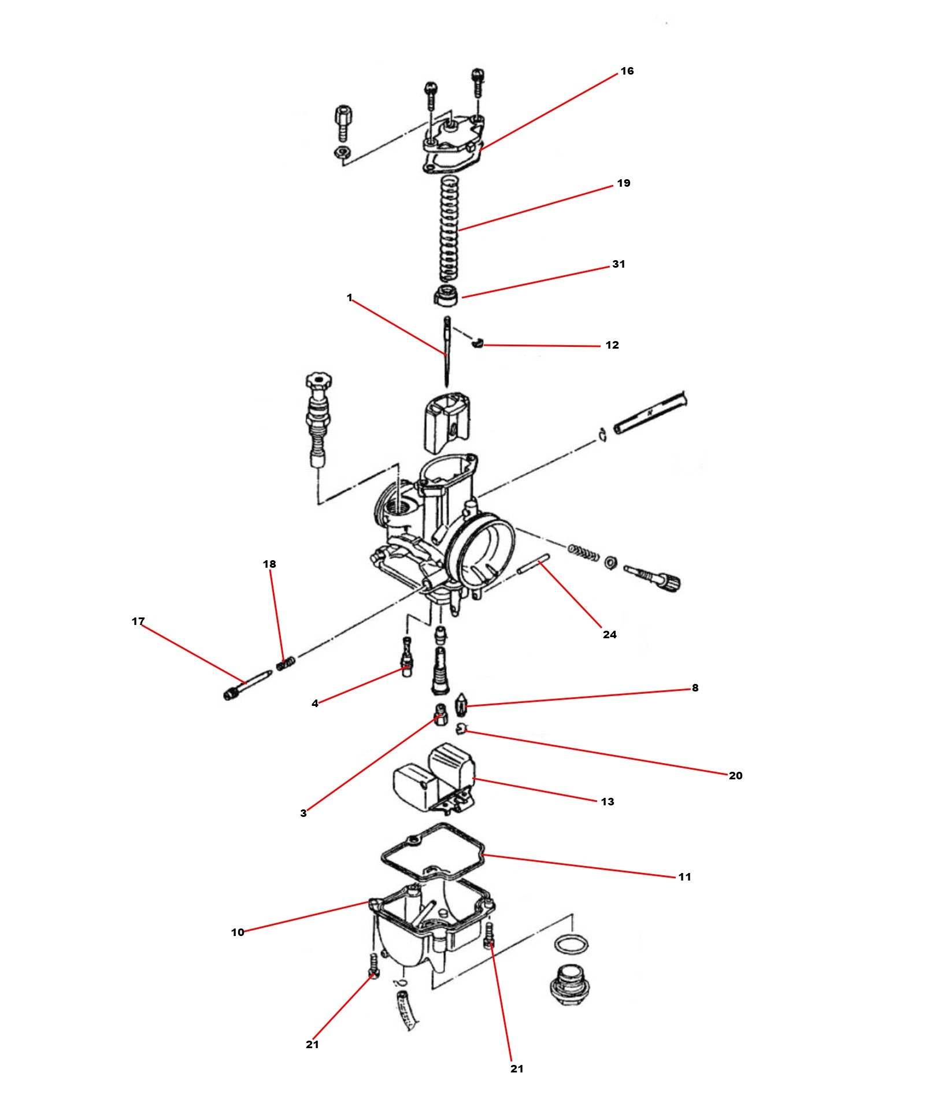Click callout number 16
pyautogui.click(x=627, y=71)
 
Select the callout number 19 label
pyautogui.click(x=624, y=183)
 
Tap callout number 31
pyautogui.click(x=619, y=264)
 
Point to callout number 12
pyautogui.click(x=612, y=345)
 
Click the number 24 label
pyautogui.click(x=610, y=635)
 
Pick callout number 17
pyautogui.click(x=138, y=622)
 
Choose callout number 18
pyautogui.click(x=269, y=564)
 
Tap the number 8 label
pyautogui.click(x=695, y=688)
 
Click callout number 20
pyautogui.click(x=736, y=776)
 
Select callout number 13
pyautogui.click(x=608, y=802)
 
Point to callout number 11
pyautogui.click(x=685, y=877)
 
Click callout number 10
pyautogui.click(x=238, y=933)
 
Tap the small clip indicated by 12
pyautogui.click(x=477, y=343)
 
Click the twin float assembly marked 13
pyautogui.click(x=435, y=777)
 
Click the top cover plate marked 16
pyautogui.click(x=453, y=145)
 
